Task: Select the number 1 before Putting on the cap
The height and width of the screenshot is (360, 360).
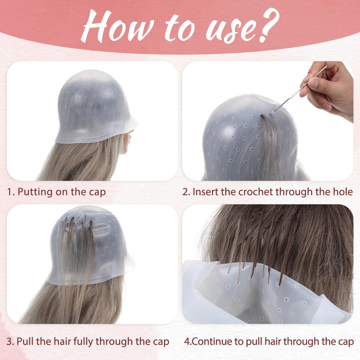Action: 10,192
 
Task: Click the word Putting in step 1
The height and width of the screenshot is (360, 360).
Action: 35,192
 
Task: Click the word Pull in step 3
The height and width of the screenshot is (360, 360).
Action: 25,342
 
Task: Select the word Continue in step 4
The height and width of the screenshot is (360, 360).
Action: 211,342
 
